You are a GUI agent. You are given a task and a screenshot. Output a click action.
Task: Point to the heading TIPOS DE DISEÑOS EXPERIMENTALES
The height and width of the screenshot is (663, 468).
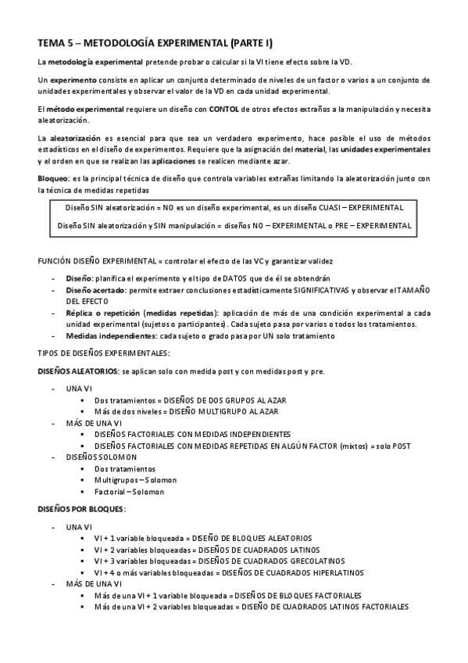[x=103, y=353]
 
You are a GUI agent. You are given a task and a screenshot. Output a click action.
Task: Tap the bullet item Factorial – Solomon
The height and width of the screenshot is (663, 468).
[x=129, y=491]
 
